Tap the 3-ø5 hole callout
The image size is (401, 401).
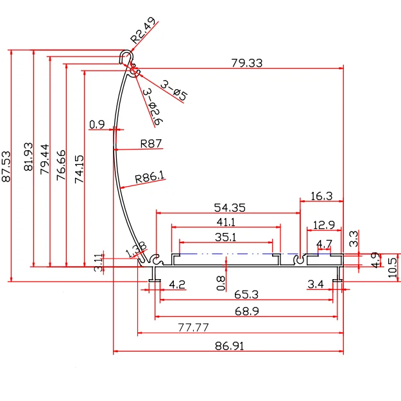(174, 90)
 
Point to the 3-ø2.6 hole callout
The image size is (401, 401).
(152, 107)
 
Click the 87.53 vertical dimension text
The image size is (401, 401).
(7, 167)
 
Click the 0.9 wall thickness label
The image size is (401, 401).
(97, 124)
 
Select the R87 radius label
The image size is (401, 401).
(151, 144)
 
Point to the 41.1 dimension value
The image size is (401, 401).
(225, 222)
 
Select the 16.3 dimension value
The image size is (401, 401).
(321, 196)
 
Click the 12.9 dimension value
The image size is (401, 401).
(323, 225)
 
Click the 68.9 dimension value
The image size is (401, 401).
(246, 311)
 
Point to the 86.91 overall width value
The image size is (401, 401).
(229, 346)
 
